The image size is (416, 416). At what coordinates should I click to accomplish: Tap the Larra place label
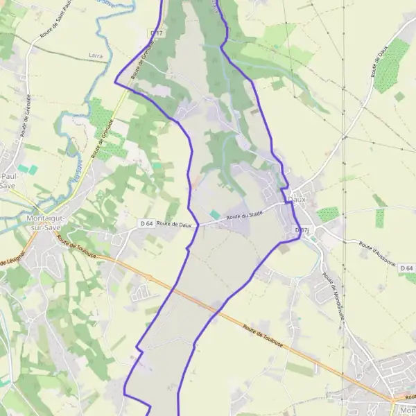(x=96, y=54)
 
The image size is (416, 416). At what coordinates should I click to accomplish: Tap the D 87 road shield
(x=301, y=229)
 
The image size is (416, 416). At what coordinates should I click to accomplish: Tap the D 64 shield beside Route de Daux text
(x=146, y=223)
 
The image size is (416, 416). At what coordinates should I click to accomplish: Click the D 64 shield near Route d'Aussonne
(x=408, y=268)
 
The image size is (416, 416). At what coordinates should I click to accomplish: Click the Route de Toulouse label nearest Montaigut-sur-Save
(x=77, y=246)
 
